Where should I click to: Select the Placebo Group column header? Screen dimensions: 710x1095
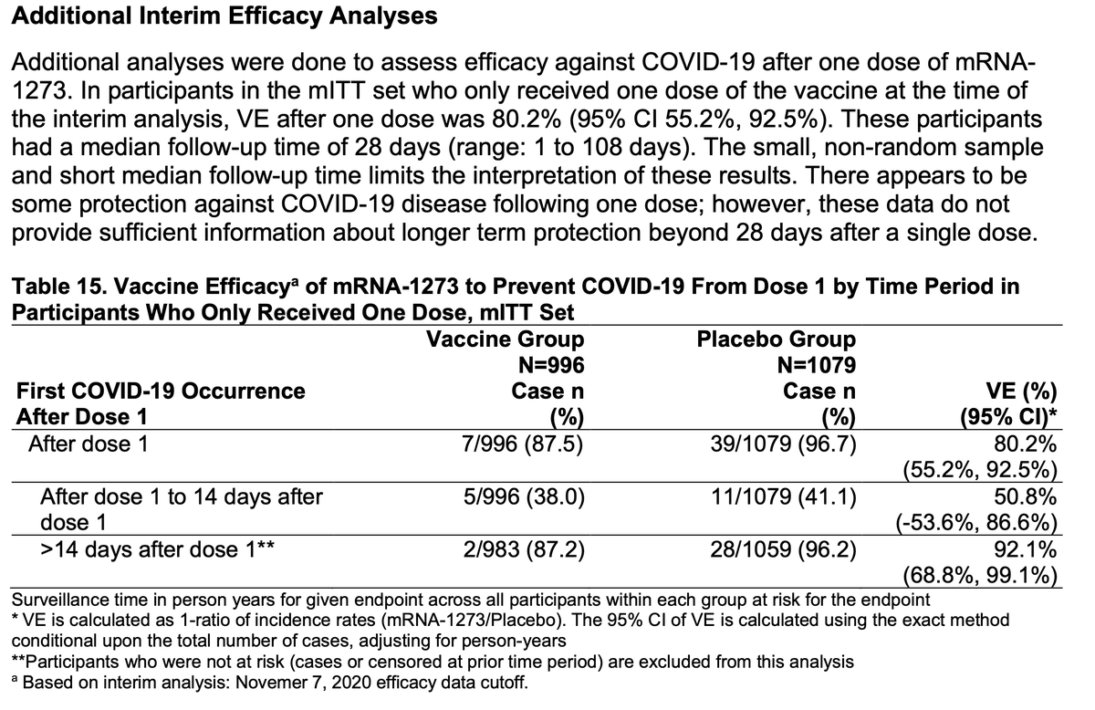[x=777, y=339]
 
